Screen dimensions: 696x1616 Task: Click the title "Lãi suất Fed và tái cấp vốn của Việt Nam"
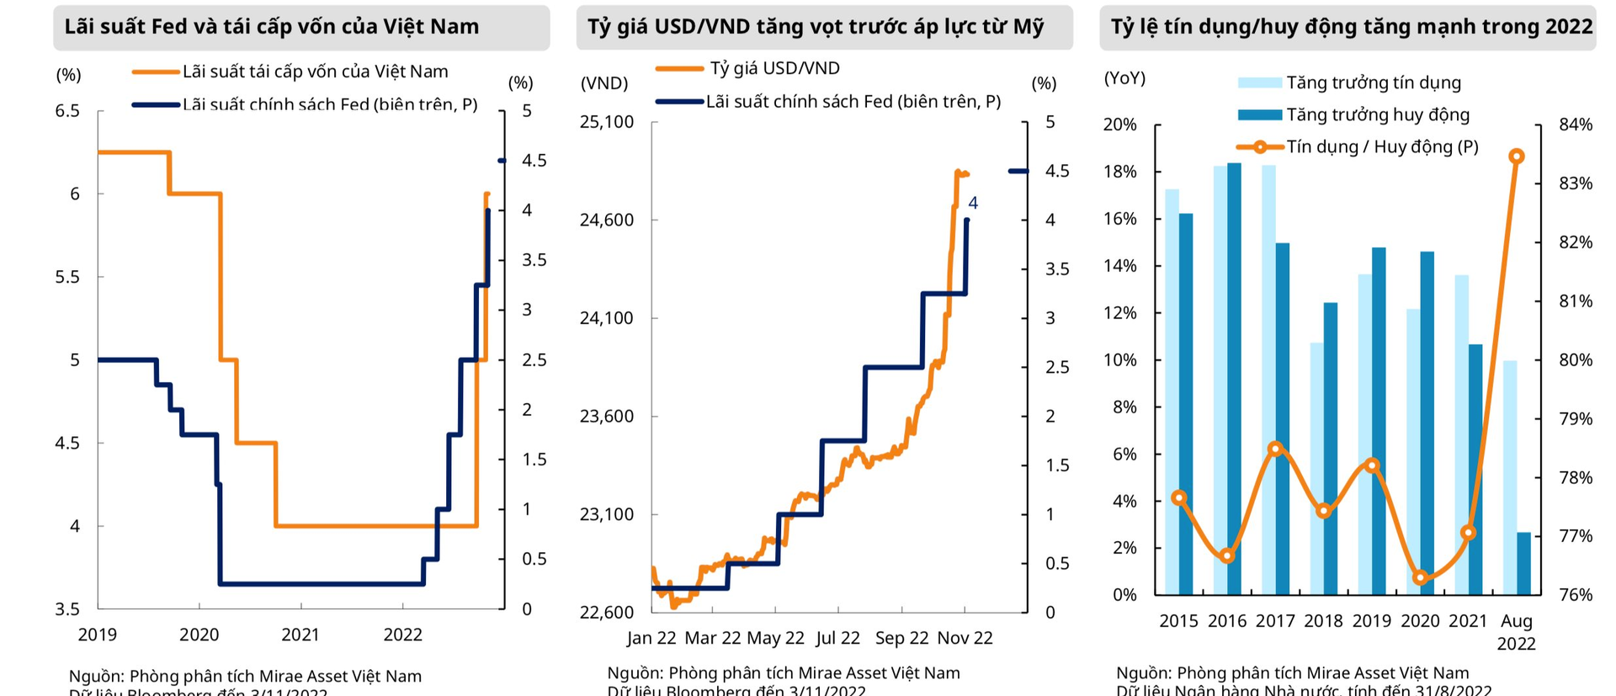(271, 26)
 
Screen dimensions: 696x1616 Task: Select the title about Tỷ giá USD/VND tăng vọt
(815, 26)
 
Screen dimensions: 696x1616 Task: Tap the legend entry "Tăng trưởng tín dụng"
(1373, 82)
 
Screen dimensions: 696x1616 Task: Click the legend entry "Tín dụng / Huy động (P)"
(1382, 146)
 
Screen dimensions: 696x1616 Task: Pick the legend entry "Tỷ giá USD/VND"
(774, 68)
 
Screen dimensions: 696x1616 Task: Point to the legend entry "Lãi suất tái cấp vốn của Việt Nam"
(315, 72)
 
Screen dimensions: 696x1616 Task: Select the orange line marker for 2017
(1275, 449)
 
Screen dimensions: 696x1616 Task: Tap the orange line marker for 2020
(1421, 577)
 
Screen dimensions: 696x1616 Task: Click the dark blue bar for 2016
(1234, 379)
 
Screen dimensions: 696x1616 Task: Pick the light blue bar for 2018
(1316, 469)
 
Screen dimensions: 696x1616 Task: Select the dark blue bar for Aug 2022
(1523, 563)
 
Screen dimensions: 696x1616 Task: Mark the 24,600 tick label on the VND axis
(607, 220)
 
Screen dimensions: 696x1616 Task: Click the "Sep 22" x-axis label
(901, 638)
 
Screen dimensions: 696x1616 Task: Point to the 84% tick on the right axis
(1576, 125)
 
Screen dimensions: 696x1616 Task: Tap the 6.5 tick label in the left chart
(67, 111)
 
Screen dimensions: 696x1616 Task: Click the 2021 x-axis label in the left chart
(300, 635)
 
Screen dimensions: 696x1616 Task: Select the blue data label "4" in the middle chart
(973, 203)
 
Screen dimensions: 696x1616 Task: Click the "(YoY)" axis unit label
(1124, 78)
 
